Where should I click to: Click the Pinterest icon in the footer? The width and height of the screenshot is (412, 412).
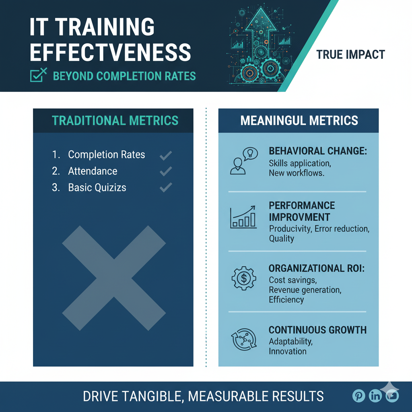(x=358, y=396)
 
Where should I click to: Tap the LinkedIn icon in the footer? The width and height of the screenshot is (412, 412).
(x=375, y=396)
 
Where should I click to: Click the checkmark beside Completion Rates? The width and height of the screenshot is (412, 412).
(x=166, y=156)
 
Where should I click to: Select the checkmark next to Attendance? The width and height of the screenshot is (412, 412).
(x=166, y=171)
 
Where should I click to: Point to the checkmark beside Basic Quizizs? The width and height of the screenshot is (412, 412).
(x=166, y=187)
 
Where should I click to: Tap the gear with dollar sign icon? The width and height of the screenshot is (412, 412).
(x=244, y=278)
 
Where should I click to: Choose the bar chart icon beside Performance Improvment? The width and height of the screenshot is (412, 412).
(x=243, y=217)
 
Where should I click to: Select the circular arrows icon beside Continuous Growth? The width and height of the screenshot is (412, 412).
(x=244, y=340)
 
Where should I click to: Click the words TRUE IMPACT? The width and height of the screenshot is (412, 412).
(x=350, y=55)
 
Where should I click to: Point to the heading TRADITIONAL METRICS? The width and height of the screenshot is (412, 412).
(x=115, y=121)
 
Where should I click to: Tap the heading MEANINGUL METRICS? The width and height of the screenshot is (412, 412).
(x=299, y=121)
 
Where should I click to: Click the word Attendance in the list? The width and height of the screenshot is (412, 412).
(x=93, y=171)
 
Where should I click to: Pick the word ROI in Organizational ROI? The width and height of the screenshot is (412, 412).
(x=356, y=268)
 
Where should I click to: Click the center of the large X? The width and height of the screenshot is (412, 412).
(x=114, y=278)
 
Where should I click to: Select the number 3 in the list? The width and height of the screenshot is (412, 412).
(x=56, y=187)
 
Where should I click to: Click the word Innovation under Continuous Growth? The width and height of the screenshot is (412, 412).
(x=287, y=351)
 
